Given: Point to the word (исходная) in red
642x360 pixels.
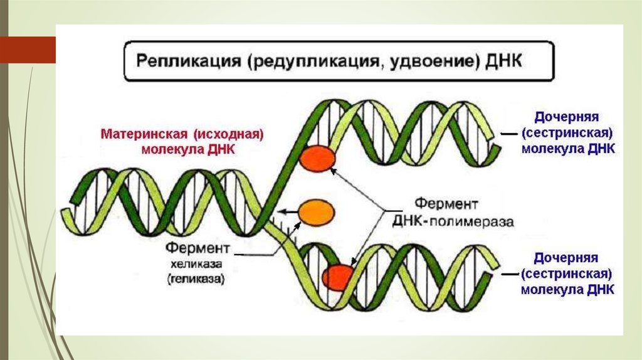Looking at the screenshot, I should (228, 134).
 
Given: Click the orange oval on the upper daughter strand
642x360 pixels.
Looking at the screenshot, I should (317, 158).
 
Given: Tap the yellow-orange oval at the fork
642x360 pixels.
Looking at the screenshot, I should (316, 212).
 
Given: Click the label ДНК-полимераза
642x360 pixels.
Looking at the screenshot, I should (453, 222).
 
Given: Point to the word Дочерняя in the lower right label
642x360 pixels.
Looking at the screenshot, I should (566, 258).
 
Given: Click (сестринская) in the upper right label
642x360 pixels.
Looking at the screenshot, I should (566, 133).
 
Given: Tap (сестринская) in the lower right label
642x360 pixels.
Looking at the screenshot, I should (566, 274).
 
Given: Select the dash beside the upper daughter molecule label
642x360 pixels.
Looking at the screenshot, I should (509, 133).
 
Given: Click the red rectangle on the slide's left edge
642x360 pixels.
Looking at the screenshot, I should (28, 50).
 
